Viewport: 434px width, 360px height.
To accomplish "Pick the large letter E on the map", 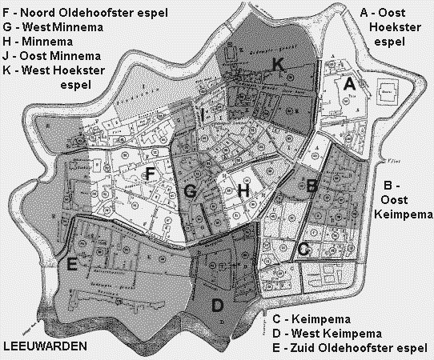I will (x=72, y=266).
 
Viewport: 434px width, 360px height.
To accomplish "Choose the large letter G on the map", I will (x=190, y=191).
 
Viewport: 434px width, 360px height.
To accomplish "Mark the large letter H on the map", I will (x=245, y=191).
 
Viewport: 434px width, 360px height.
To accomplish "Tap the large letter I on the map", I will (x=204, y=116).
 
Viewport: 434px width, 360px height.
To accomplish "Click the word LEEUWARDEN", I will (x=43, y=347).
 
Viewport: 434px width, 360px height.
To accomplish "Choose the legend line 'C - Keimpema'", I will (x=314, y=317).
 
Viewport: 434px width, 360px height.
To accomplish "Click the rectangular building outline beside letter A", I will (x=387, y=90).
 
